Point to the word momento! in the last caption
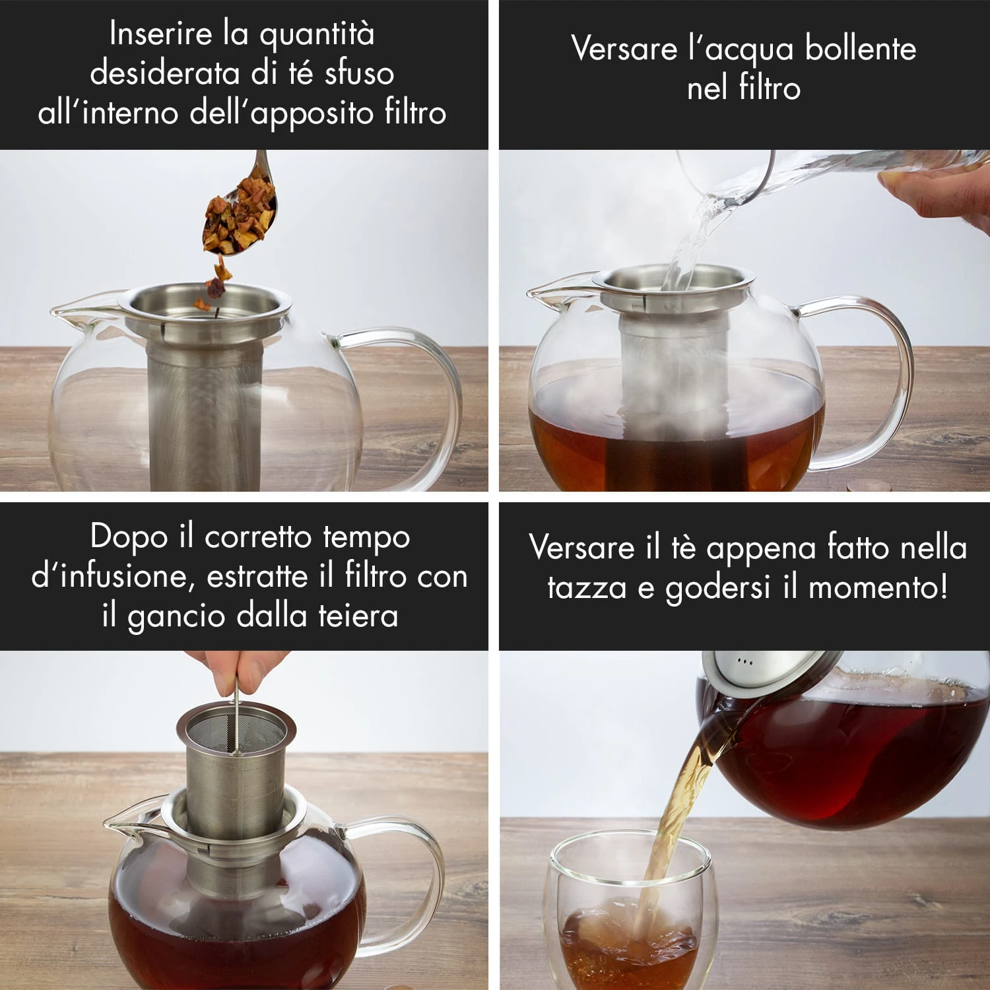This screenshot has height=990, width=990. point(878,587)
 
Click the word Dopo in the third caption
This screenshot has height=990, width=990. point(129,536)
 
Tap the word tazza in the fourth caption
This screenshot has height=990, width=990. point(587,587)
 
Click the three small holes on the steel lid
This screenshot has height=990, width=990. point(744,661)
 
